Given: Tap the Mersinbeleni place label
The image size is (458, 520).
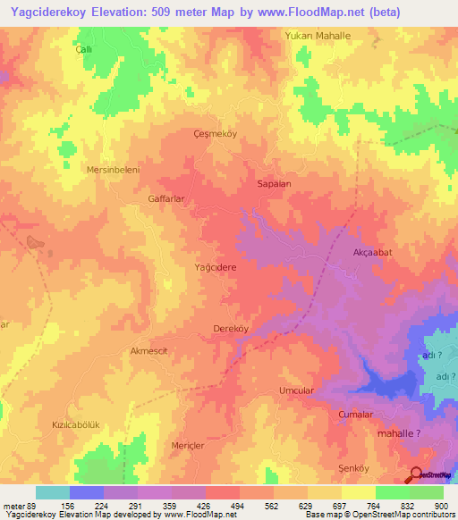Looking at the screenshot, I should pyautogui.click(x=113, y=169).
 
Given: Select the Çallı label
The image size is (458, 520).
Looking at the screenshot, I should pyautogui.click(x=83, y=51).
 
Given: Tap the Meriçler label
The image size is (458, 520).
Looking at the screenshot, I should pyautogui.click(x=188, y=444).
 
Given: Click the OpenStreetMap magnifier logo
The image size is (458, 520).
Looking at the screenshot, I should pyautogui.click(x=416, y=475).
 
